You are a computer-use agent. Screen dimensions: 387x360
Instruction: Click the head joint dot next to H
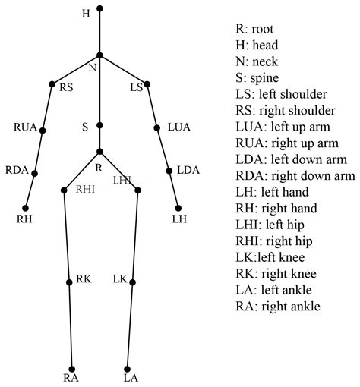[x=99, y=9]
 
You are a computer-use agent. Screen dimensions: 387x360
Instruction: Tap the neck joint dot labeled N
[x=99, y=55]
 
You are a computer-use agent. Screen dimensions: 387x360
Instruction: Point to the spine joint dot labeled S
[x=99, y=127]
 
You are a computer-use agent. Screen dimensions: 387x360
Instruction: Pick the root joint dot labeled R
[x=99, y=151]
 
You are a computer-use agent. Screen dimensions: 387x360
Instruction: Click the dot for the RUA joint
[x=43, y=131]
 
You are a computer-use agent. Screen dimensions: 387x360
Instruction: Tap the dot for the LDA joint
[x=169, y=170]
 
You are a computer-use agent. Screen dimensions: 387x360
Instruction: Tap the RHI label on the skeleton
[x=84, y=190]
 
